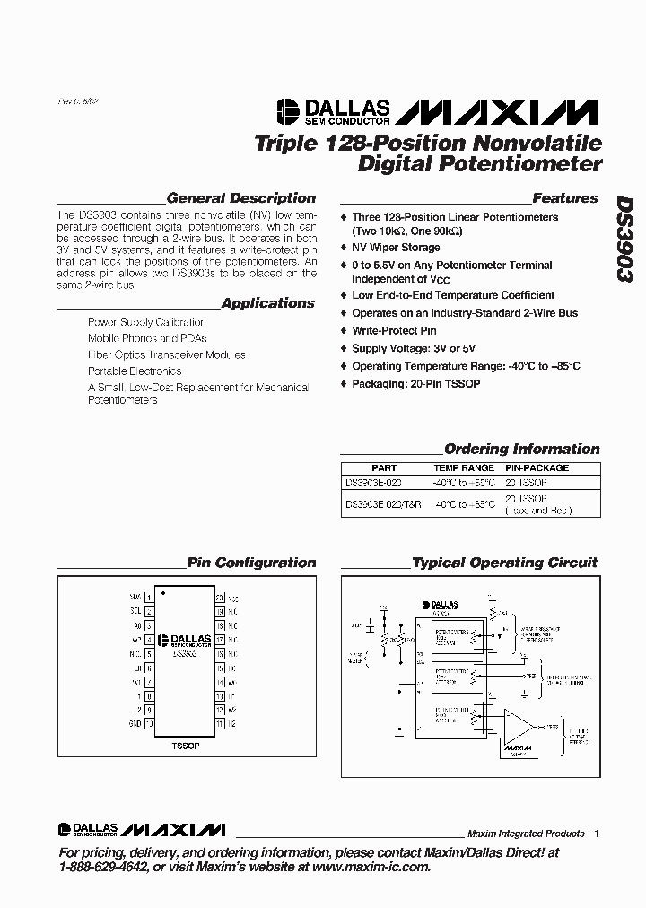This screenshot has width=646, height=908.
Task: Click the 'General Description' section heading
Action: pos(241,198)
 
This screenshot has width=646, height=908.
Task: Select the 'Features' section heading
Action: pos(564,198)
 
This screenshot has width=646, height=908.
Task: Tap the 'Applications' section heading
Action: pos(268,303)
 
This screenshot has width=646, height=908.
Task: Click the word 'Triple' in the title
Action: pos(283,144)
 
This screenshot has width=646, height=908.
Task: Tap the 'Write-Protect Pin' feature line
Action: pos(394,331)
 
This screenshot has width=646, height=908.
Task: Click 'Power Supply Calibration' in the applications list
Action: pos(146,322)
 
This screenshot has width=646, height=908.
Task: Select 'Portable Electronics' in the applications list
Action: pos(135,371)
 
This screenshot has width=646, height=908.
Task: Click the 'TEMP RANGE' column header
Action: pos(464,468)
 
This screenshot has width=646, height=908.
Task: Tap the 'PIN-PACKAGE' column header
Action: pos(537,468)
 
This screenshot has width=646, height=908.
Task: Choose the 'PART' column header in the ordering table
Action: pos(383,468)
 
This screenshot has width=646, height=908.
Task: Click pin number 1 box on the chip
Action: pos(149,597)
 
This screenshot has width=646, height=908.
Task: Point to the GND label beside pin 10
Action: pos(135,723)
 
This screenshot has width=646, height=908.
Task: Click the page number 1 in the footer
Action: pos(596,834)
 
